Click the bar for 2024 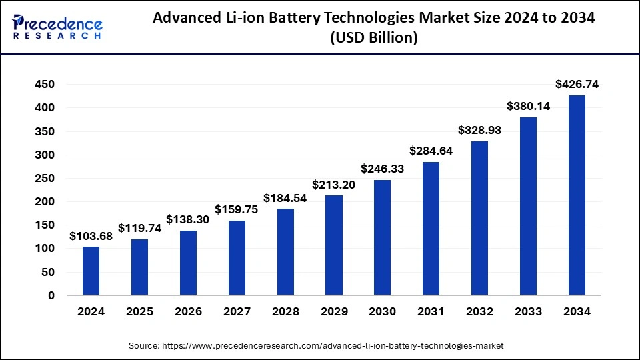click(x=91, y=271)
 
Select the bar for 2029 click(x=334, y=245)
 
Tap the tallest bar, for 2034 click(x=577, y=195)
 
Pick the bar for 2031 click(x=431, y=228)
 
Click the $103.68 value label click(x=91, y=236)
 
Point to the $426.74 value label click(x=577, y=84)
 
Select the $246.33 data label click(x=383, y=169)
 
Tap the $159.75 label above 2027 click(x=237, y=209)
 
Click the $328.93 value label click(x=479, y=130)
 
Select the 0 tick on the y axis click(x=51, y=295)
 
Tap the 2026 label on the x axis click(x=188, y=311)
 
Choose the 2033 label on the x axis click(x=528, y=311)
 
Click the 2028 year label click(x=285, y=311)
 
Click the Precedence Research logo click(x=57, y=27)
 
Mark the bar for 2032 click(x=479, y=218)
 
